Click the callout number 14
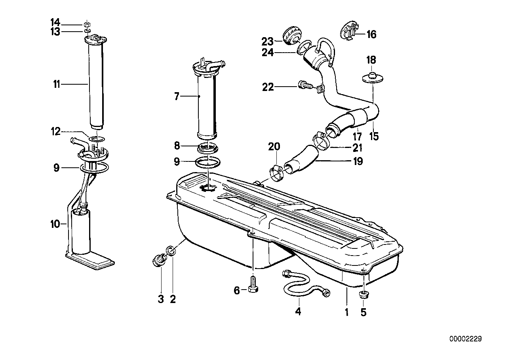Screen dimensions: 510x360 [x=55, y=23]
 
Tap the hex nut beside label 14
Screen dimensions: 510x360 [x=86, y=24]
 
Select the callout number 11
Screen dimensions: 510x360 [x=57, y=84]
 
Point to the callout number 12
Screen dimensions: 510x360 [x=55, y=131]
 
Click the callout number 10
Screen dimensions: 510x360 [x=55, y=224]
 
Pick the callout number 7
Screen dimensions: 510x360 [x=177, y=97]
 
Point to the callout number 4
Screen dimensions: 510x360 [x=298, y=311]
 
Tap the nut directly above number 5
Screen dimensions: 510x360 [x=363, y=295]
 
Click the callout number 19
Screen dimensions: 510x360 [x=358, y=161]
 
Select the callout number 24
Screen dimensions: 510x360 [x=268, y=53]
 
